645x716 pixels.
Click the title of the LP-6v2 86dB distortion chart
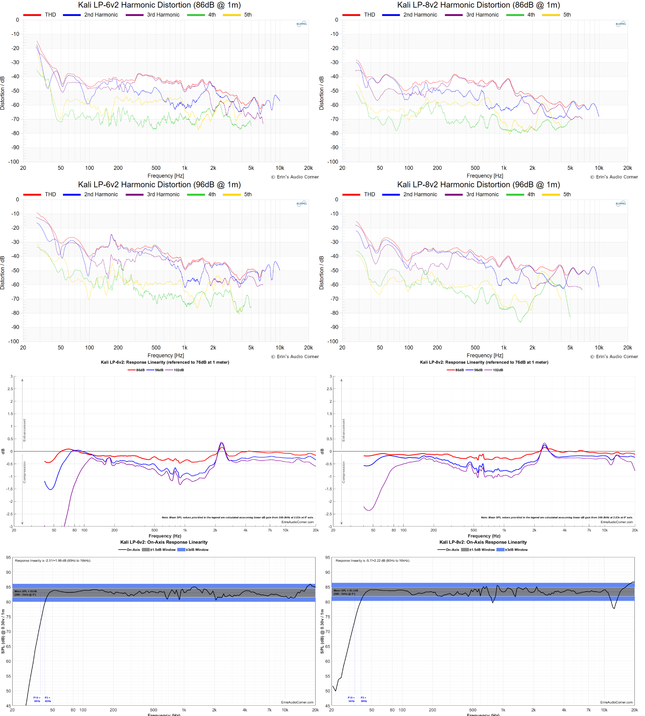coord(159,5)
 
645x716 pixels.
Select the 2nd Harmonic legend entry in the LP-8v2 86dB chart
coord(420,15)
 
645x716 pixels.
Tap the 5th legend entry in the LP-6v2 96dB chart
coord(247,194)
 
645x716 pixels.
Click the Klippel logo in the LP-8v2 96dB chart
coord(621,204)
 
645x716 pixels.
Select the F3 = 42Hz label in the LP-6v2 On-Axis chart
coord(48,699)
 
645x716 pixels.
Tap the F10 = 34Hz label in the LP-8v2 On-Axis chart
coord(351,699)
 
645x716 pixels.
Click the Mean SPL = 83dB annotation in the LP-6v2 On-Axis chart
coord(26,593)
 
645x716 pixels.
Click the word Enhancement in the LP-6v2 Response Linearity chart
coord(24,430)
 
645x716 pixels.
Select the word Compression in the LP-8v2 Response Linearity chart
coord(343,472)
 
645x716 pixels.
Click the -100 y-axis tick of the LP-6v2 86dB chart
coord(14,162)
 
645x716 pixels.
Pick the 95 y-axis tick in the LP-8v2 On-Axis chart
coord(327,558)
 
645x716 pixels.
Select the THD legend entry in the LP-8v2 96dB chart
coord(369,194)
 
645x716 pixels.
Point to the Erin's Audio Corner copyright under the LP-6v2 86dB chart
coord(295,177)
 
